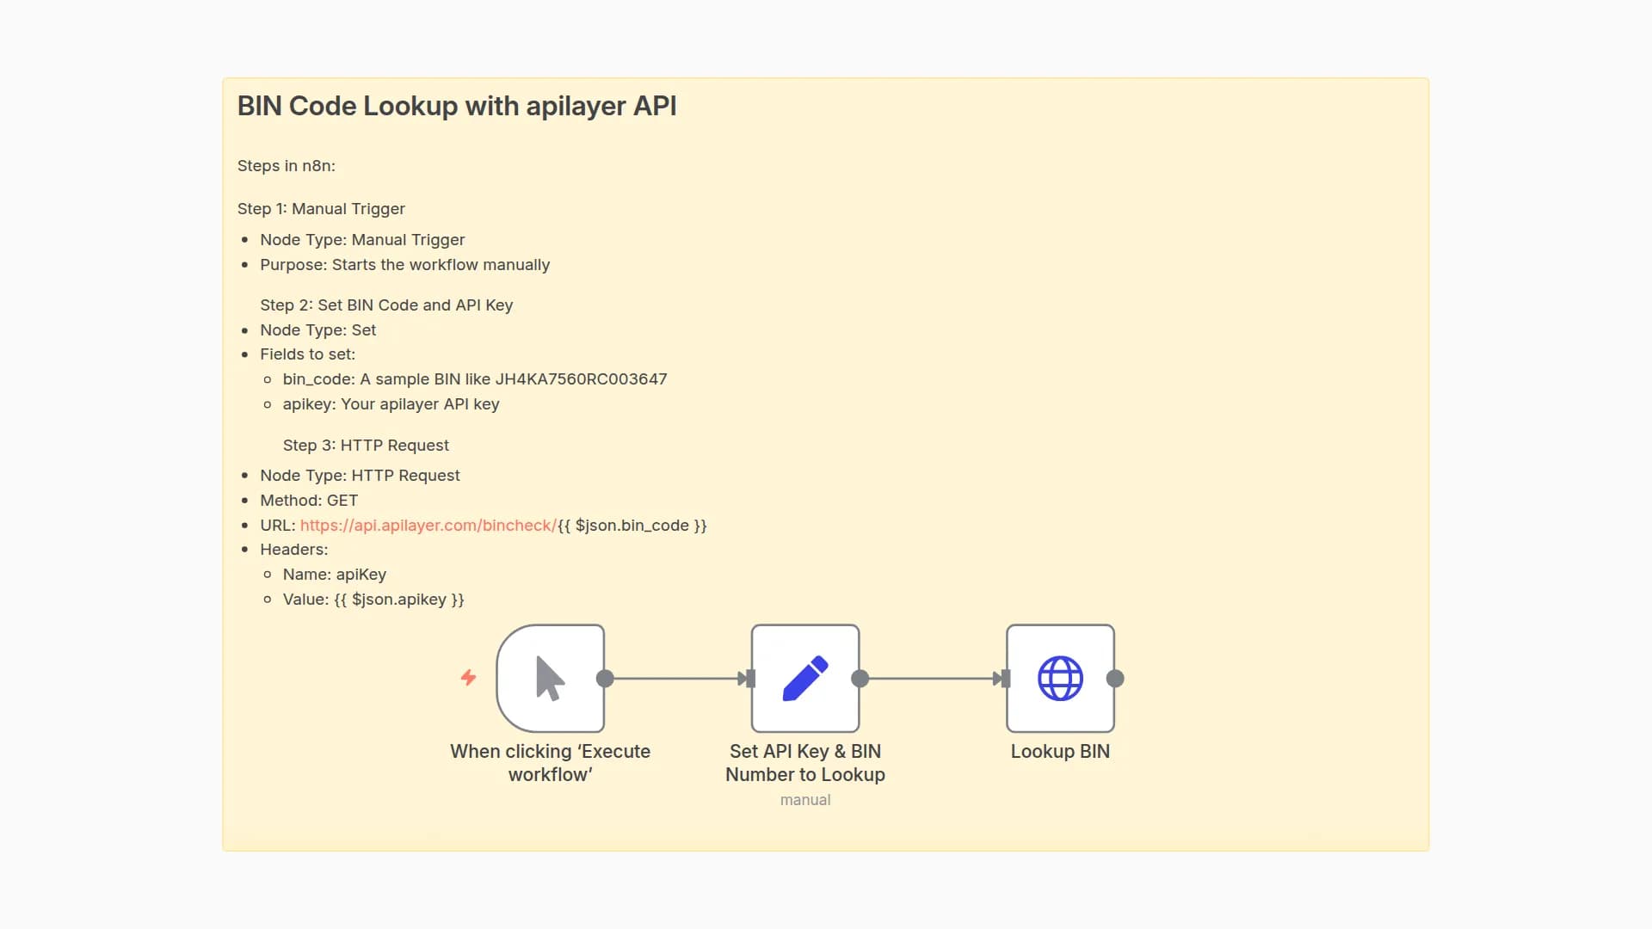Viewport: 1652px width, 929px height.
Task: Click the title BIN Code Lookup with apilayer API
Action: (456, 106)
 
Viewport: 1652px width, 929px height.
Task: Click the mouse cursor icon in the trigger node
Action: (550, 679)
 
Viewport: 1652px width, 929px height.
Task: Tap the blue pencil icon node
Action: (804, 679)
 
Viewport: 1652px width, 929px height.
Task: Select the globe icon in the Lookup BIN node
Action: (1060, 679)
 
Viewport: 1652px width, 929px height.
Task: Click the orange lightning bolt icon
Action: (468, 678)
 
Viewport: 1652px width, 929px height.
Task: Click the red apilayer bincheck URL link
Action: (428, 526)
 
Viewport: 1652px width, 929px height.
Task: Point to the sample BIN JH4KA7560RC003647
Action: (581, 379)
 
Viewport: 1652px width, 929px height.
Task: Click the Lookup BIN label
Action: (1060, 752)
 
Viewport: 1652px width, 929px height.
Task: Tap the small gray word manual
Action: (804, 800)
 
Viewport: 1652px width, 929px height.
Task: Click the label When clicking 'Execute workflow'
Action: (550, 763)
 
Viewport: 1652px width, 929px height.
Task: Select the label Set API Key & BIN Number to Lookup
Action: (804, 763)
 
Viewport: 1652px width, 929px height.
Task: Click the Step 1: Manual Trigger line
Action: (321, 209)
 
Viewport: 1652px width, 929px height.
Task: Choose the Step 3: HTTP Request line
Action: (366, 446)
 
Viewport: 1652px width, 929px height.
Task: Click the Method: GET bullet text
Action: (309, 501)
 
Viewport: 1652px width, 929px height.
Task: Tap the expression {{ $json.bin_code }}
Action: (632, 526)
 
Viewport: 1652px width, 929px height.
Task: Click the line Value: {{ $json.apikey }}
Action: (373, 600)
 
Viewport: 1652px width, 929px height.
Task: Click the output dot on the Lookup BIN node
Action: (1115, 679)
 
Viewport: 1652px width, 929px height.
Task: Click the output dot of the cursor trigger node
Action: (605, 679)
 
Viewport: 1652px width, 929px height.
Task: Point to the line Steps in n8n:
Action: (286, 166)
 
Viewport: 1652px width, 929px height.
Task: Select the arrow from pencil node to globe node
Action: (934, 679)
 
